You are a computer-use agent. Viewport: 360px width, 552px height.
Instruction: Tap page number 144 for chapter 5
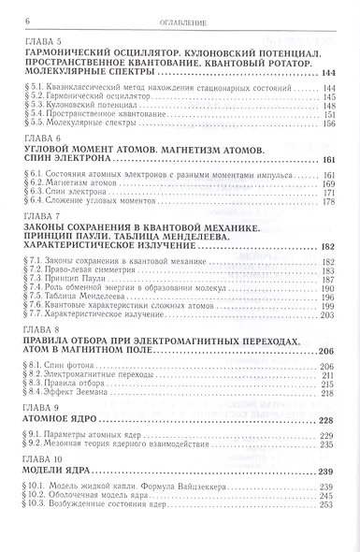pos(326,73)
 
